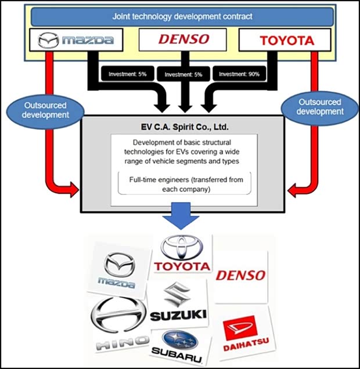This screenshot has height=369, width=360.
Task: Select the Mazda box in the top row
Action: pyautogui.click(x=75, y=40)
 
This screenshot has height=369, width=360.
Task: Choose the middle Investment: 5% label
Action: pyautogui.click(x=182, y=74)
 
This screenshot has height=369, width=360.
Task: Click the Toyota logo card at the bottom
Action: pyautogui.click(x=182, y=255)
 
